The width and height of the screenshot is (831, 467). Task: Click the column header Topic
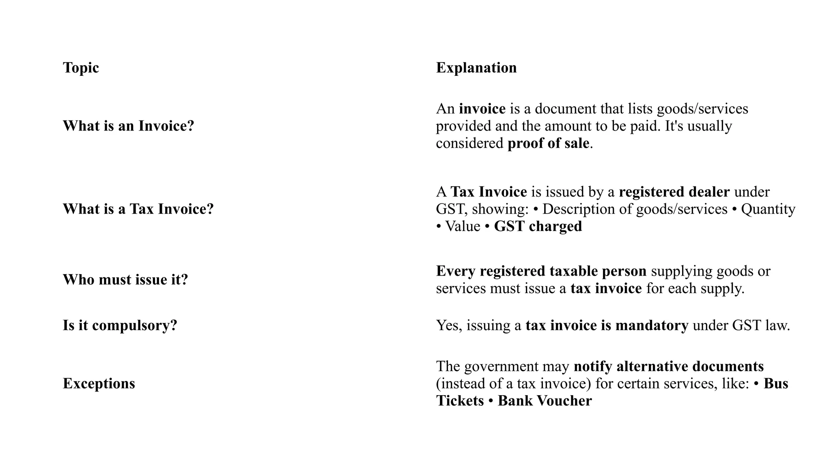point(81,68)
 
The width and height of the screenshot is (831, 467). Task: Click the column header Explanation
point(476,68)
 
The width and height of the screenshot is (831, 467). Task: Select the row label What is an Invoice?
point(128,126)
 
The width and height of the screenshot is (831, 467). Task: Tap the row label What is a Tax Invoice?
point(138,209)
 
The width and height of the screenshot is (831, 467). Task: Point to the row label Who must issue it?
point(125,280)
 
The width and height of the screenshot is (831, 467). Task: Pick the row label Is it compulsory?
point(120,326)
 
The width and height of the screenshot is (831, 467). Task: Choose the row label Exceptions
point(99,383)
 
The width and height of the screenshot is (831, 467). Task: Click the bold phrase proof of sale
point(548,144)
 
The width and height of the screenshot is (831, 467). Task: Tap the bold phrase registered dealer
point(674,192)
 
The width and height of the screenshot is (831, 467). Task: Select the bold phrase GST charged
point(538,226)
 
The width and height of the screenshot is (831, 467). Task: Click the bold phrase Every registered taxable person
point(541,271)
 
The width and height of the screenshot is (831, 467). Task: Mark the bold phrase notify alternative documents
point(668,366)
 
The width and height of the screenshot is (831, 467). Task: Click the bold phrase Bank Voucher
point(545,401)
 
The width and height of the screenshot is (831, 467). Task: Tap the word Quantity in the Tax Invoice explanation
point(768,209)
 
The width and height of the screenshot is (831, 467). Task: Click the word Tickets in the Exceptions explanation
point(460,401)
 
